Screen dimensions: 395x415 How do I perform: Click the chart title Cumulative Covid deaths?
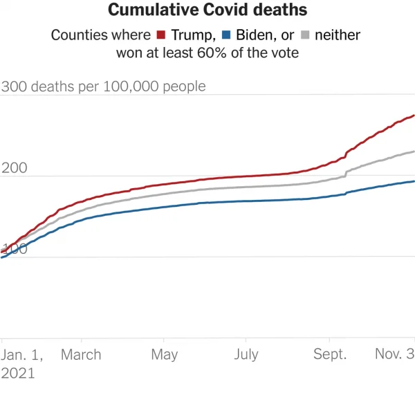(207, 11)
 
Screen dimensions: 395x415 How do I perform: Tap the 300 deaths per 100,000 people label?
(104, 86)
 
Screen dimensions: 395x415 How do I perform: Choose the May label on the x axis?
(163, 355)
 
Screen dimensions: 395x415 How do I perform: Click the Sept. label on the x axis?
(330, 355)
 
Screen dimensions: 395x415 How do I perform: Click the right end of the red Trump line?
(414, 116)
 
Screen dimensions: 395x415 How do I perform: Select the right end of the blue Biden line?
(414, 181)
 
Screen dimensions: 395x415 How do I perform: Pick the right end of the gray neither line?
(414, 151)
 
